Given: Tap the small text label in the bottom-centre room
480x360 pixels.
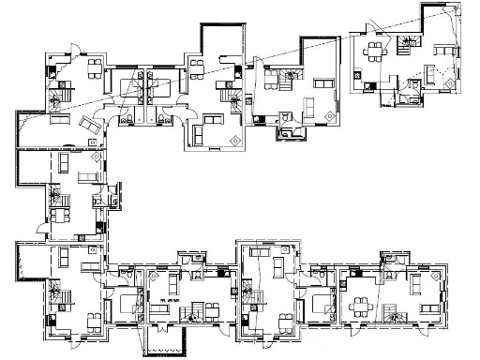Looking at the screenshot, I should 169,299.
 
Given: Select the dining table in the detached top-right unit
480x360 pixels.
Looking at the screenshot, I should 374,50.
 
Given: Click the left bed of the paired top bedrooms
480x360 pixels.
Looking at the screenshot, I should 130,89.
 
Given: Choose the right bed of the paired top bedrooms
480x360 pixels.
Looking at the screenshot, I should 158,89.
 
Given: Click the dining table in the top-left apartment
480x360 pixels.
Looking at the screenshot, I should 94,67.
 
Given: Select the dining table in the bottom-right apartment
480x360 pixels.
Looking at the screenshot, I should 357,306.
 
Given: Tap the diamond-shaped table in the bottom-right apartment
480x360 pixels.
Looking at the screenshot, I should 432,280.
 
